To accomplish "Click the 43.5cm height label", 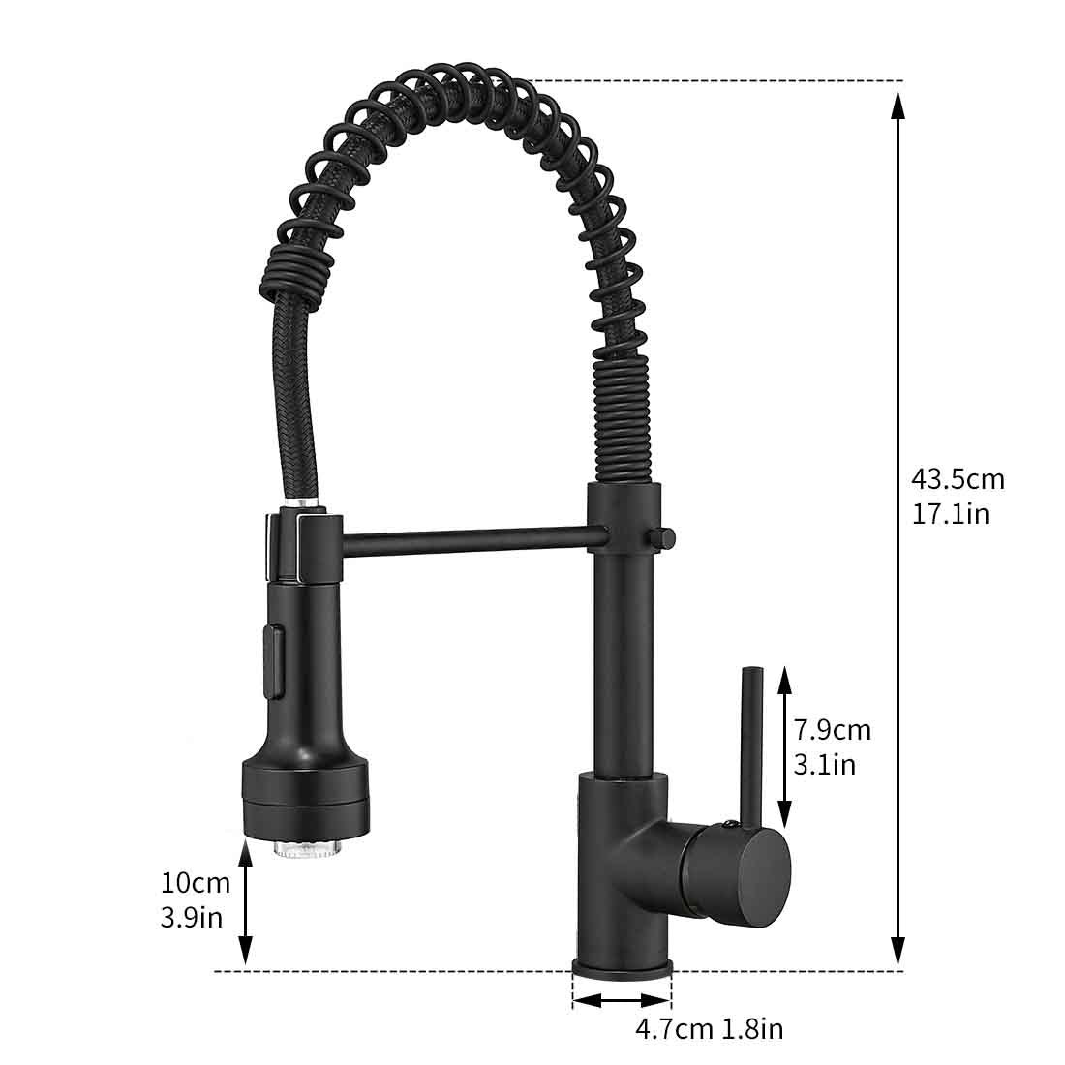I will tap(958, 478).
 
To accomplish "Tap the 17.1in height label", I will tap(950, 513).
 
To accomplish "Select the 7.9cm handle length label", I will tap(833, 729).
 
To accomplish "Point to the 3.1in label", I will tap(824, 764).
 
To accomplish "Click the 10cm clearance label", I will tap(196, 882).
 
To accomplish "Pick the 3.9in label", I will tap(191, 917).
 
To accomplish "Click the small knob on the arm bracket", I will tap(663, 535).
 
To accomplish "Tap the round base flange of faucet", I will tap(622, 966).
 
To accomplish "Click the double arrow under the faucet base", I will tap(622, 1002).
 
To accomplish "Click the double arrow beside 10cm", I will tap(246, 899).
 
